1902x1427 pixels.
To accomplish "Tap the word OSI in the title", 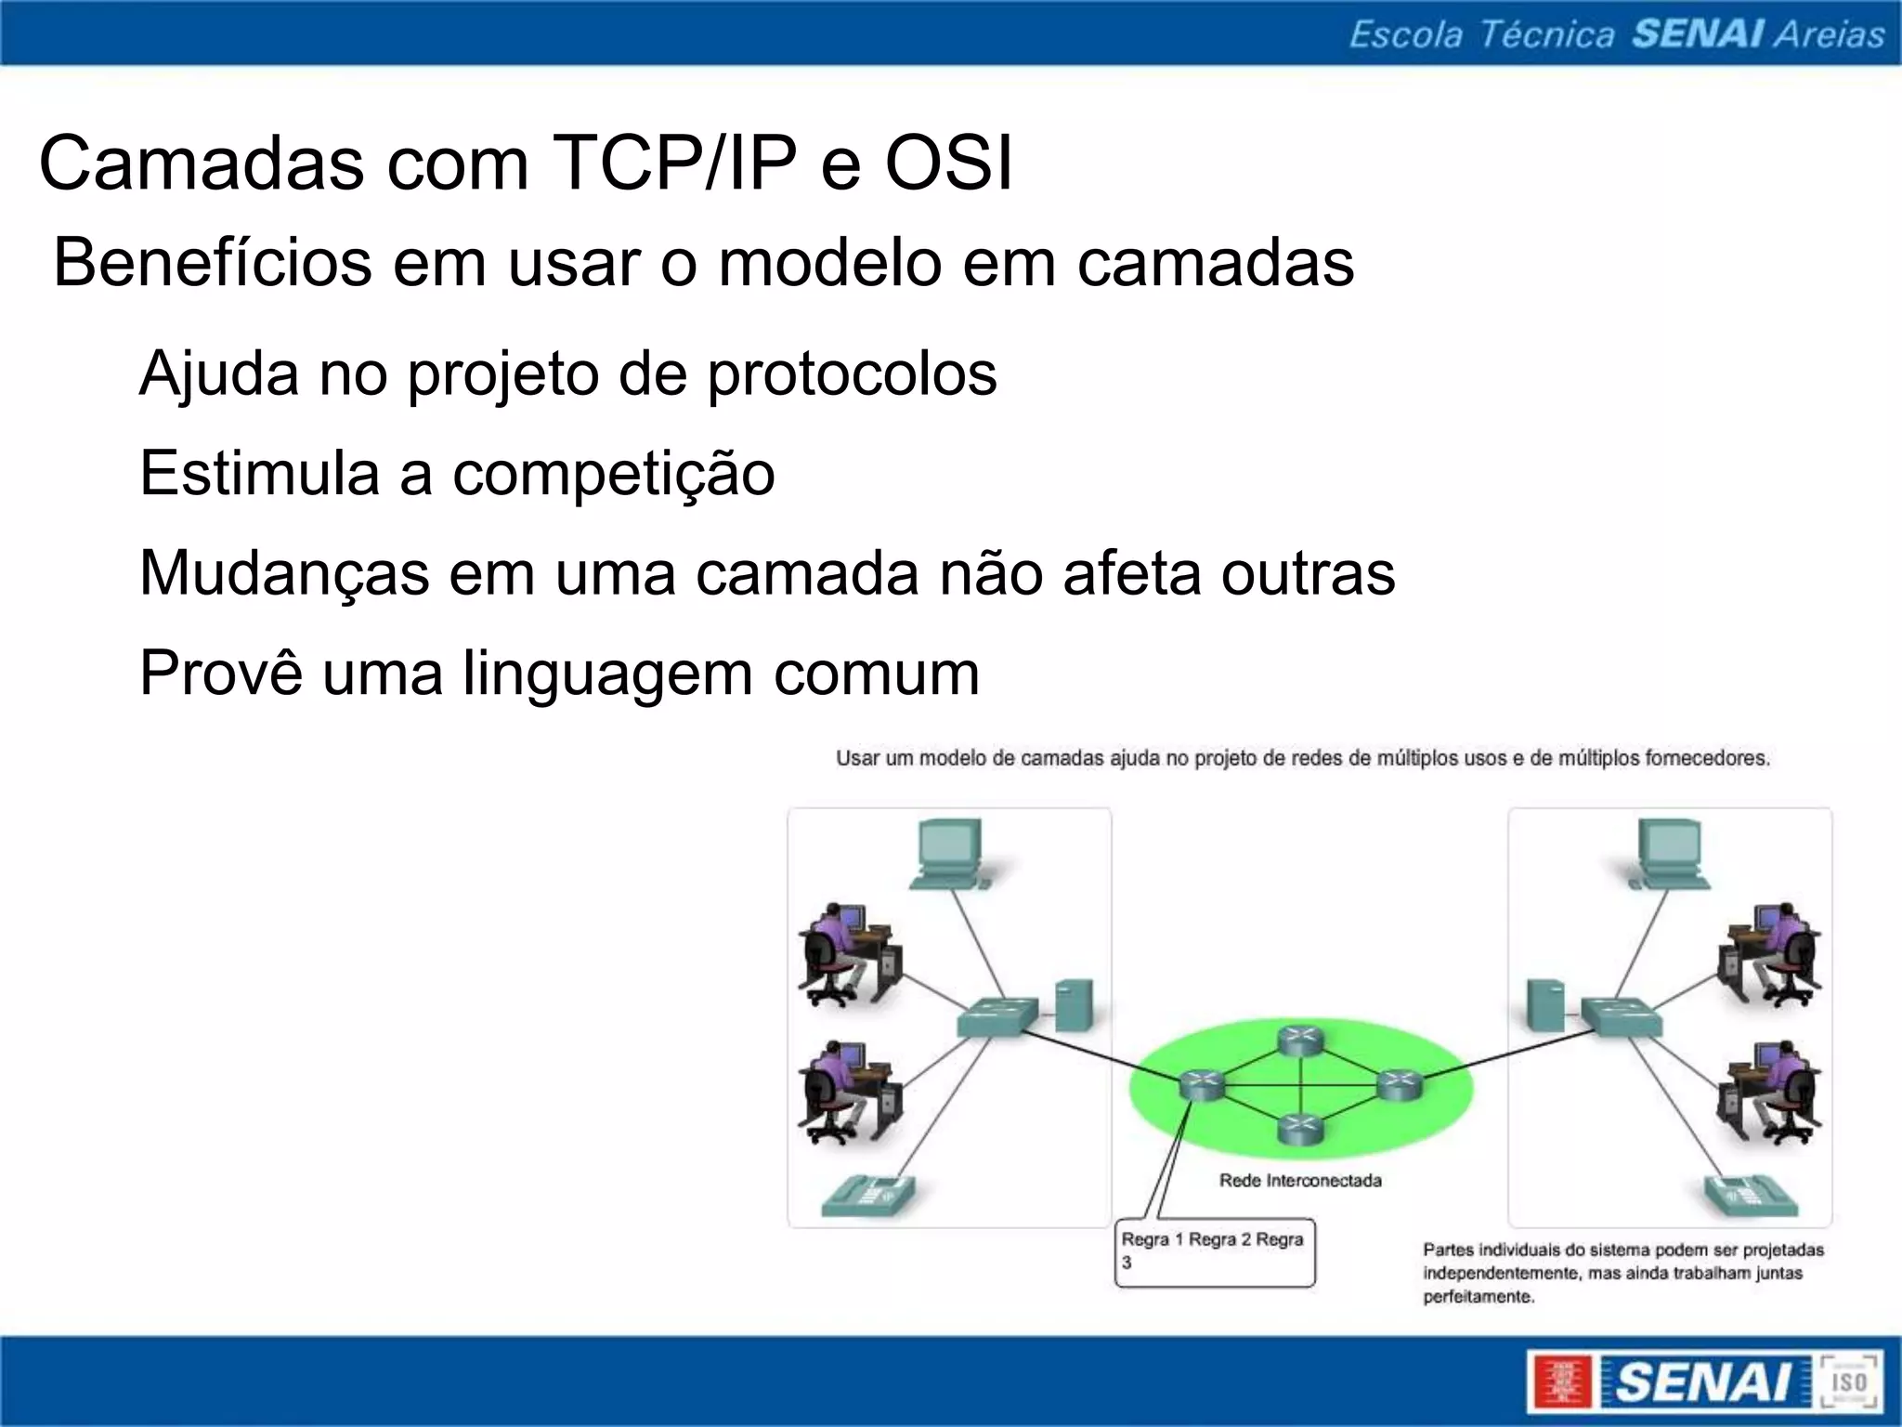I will [x=948, y=164].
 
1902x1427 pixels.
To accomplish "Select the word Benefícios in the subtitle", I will [x=213, y=263].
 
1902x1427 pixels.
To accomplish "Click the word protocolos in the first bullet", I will [x=852, y=374].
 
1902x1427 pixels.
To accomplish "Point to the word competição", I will [x=613, y=474].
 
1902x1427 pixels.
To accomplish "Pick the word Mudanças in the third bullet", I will [x=284, y=573].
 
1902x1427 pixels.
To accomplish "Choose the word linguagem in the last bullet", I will [x=607, y=674].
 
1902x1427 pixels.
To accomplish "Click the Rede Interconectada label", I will [x=1299, y=1181].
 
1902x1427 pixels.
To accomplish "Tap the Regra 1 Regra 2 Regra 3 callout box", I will [x=1215, y=1251].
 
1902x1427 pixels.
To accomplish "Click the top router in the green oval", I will [x=1298, y=1041].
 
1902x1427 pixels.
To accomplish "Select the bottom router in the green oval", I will [x=1298, y=1128].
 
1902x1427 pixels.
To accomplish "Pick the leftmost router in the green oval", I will [x=1201, y=1084].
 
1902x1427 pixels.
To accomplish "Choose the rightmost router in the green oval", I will [x=1399, y=1084].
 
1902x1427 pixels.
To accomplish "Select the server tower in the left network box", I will [x=1073, y=1005].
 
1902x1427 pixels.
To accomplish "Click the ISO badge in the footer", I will [x=1848, y=1381].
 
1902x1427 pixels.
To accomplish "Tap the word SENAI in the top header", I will [x=1698, y=34].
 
